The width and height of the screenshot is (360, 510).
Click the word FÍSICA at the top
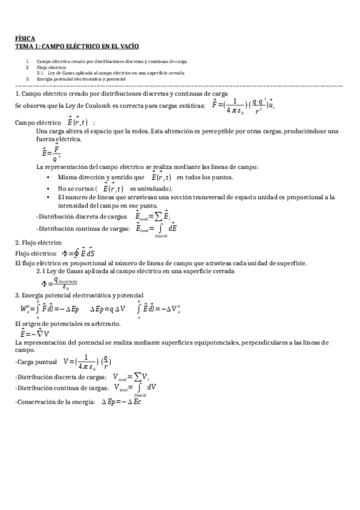pos(25,38)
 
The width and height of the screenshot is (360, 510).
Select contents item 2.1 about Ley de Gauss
pos(114,73)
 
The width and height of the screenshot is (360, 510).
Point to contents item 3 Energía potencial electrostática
pos(81,79)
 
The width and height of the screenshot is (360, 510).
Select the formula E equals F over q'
pos(52,153)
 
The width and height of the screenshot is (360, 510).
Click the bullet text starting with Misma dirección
pos(102,177)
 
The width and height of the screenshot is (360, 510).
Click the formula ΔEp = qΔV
pos(108,309)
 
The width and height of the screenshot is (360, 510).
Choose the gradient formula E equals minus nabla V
pos(35,333)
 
